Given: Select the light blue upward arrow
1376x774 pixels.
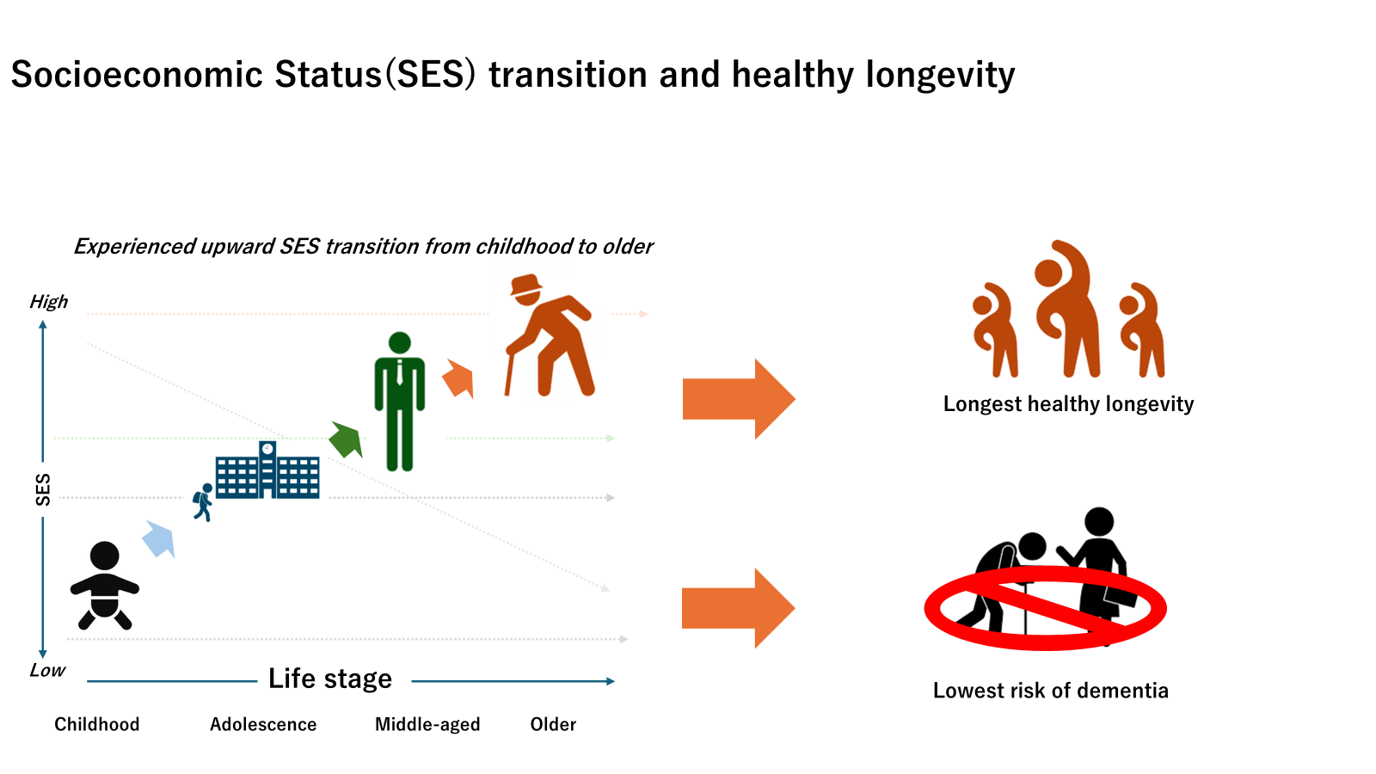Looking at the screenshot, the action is click(x=159, y=539).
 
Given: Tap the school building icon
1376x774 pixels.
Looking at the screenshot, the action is click(x=267, y=470).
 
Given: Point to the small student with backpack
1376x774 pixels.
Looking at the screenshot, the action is click(x=203, y=502).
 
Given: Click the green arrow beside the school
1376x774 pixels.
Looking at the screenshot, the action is click(x=347, y=439).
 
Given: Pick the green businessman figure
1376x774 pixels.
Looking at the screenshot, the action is click(x=399, y=402).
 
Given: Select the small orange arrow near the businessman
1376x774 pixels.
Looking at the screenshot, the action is click(x=458, y=378).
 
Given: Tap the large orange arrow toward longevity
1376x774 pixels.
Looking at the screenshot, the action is click(x=739, y=399).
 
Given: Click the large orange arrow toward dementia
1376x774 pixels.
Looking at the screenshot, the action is click(x=739, y=608).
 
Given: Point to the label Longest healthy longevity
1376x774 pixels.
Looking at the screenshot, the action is click(x=1068, y=404).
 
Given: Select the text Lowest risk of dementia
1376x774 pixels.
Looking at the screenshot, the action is click(x=1050, y=691).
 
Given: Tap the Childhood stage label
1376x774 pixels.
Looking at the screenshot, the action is click(x=97, y=724).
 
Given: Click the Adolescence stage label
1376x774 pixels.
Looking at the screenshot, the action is click(x=263, y=724).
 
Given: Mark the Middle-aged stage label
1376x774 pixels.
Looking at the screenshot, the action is click(x=427, y=725).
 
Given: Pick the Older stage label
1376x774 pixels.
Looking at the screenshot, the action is click(x=554, y=724).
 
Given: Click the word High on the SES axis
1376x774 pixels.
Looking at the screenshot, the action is click(x=49, y=302).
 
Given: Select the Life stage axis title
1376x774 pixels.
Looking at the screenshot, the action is click(x=330, y=679).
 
